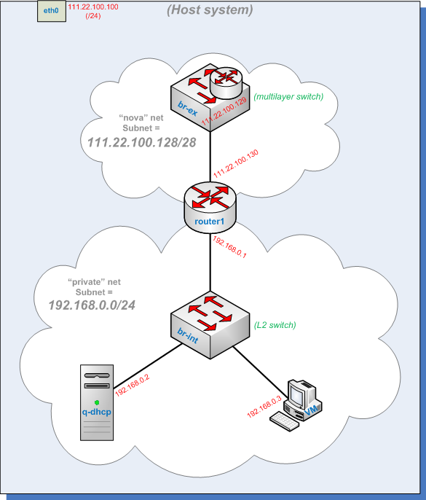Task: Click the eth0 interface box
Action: [51, 12]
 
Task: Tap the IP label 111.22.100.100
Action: [92, 7]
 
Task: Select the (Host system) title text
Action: [210, 10]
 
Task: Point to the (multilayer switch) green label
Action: [288, 96]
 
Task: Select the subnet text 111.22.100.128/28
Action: [141, 142]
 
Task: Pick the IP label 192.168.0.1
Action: [230, 245]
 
